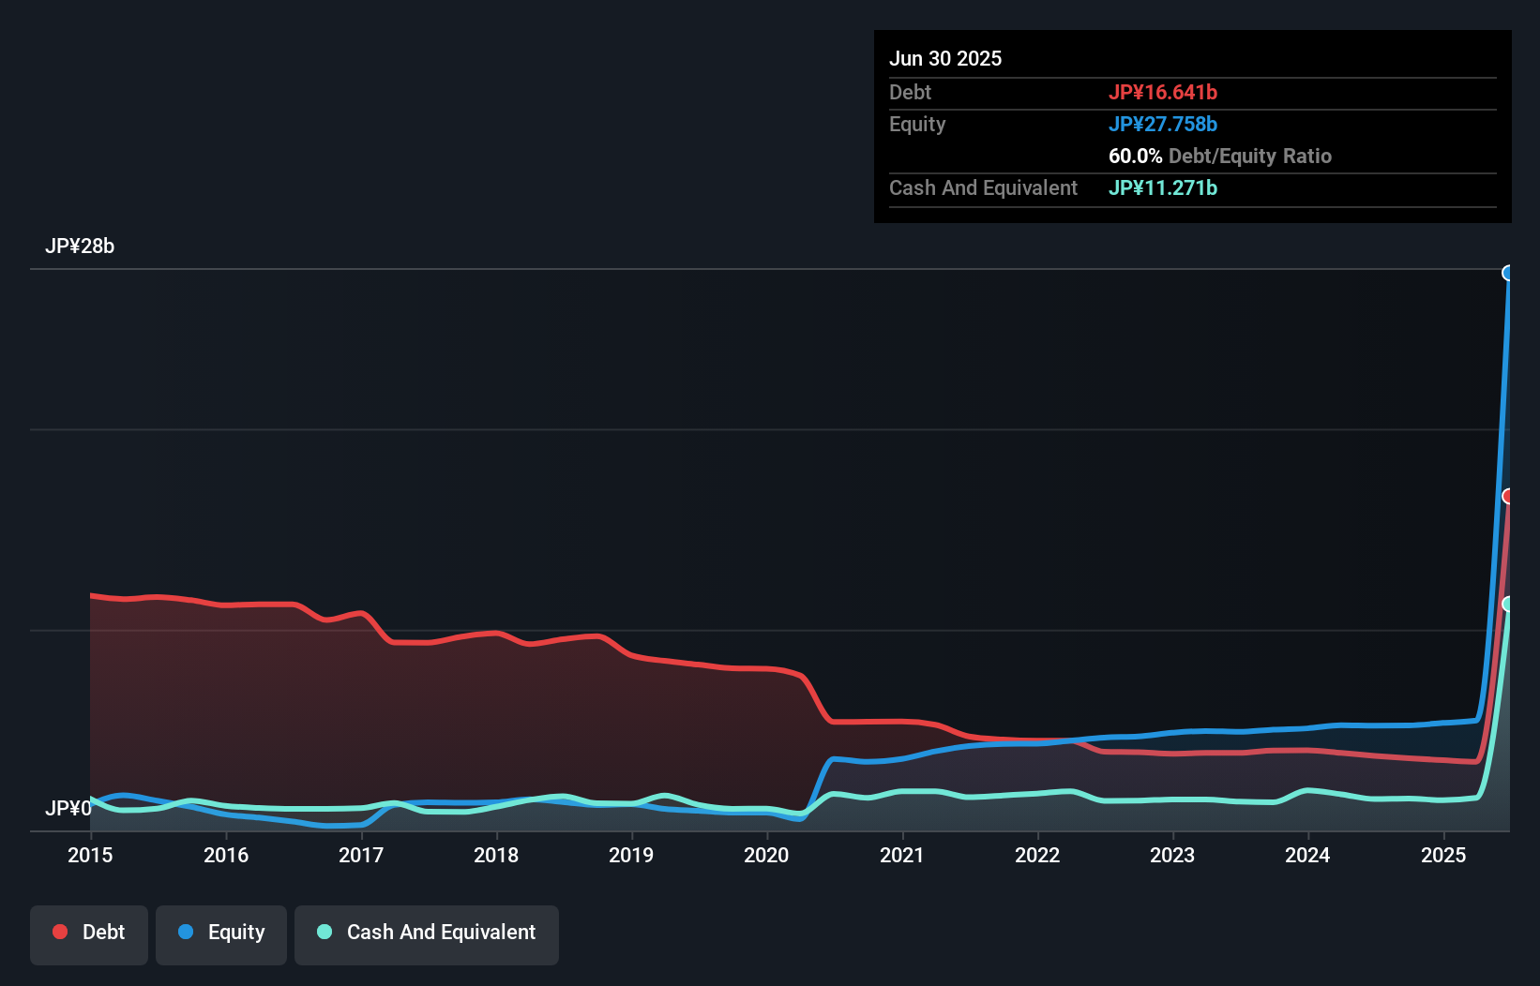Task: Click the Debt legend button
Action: [x=89, y=933]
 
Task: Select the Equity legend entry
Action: [x=221, y=933]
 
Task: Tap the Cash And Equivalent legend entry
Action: [x=427, y=933]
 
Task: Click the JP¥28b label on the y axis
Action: [x=80, y=246]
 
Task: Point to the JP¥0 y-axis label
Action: [x=68, y=808]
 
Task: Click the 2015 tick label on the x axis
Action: [x=90, y=855]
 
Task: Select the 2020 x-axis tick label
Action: [x=766, y=855]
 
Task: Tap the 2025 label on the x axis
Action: [x=1442, y=855]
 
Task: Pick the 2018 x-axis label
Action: [x=496, y=855]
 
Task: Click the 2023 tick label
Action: [x=1172, y=855]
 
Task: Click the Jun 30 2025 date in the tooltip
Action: [x=945, y=58]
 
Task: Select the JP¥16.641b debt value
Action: [x=1163, y=92]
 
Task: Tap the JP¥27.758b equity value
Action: [x=1163, y=124]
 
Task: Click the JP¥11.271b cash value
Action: [x=1163, y=187]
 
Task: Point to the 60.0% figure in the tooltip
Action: [x=1135, y=156]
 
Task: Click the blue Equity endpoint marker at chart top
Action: [x=1508, y=273]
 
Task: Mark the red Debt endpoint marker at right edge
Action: [x=1508, y=496]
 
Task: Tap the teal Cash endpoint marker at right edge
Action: [x=1508, y=604]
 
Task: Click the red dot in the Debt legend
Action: [x=60, y=932]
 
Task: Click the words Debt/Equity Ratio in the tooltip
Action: [x=1249, y=156]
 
